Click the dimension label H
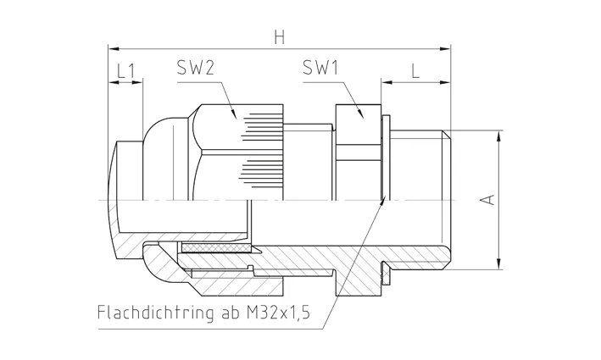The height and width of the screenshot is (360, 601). (280, 37)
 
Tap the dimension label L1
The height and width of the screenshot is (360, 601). (125, 71)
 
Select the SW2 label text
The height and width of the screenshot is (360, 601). (195, 68)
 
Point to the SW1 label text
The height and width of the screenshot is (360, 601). (320, 68)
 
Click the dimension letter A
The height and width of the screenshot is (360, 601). (488, 200)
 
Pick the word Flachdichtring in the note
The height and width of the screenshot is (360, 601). (155, 313)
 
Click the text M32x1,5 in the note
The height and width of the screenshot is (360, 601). (277, 313)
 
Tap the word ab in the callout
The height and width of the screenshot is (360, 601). (229, 313)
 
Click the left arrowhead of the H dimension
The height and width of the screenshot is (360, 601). (114, 49)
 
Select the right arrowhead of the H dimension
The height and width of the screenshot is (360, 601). (445, 49)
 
